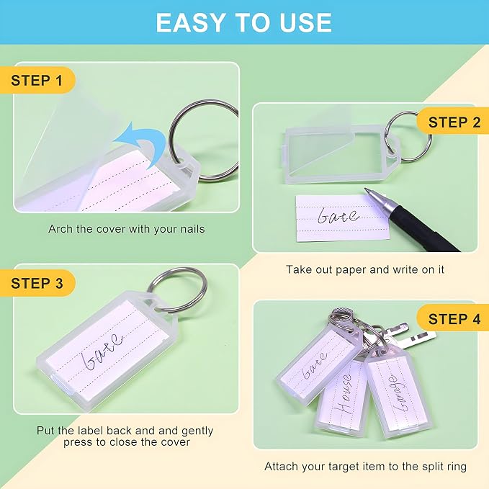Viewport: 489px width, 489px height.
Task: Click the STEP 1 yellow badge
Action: pos(37,80)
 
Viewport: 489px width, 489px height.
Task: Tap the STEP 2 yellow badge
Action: pos(453,122)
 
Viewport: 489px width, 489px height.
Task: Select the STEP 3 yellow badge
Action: pos(37,283)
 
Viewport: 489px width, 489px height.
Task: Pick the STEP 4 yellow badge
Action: pos(453,318)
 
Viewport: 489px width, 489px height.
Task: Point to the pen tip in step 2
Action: pos(367,190)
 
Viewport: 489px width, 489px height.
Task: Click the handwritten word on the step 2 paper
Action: pos(338,216)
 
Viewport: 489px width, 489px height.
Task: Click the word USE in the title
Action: pos(305,23)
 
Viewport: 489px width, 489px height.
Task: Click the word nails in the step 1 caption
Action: pos(193,229)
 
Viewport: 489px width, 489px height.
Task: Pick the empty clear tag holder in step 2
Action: pos(342,153)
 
